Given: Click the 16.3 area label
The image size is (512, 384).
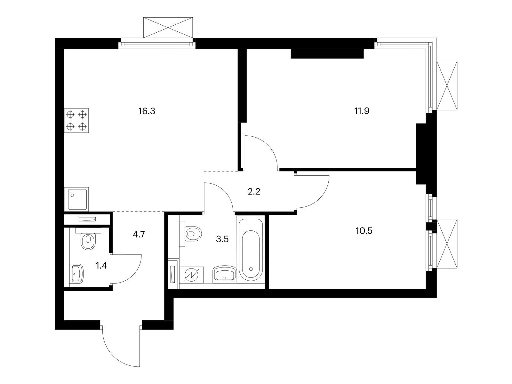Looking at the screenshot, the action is [147, 111].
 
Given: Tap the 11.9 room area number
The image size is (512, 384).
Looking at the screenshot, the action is [362, 111].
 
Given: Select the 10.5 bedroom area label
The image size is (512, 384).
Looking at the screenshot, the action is [364, 231].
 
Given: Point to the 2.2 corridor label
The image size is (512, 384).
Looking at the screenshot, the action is [253, 192].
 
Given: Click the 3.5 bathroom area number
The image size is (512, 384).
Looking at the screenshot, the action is [222, 239].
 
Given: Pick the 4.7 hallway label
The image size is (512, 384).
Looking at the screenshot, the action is [139, 234].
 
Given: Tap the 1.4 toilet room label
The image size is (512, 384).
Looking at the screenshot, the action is [101, 265].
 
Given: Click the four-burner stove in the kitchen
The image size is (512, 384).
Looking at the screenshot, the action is [76, 120].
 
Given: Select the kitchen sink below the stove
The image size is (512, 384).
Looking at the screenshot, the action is [76, 199].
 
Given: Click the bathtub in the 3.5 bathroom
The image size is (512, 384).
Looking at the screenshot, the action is [251, 251].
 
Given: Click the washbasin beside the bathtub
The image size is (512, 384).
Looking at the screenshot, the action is [225, 274].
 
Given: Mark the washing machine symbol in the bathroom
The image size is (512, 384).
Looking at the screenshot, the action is [191, 275].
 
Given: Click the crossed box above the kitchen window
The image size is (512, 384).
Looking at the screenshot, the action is [168, 28].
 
